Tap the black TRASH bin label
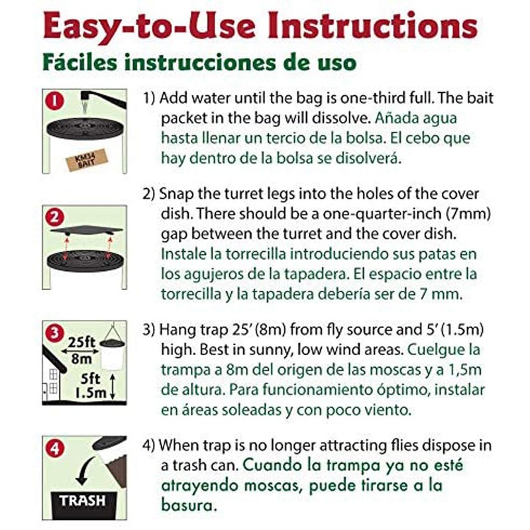click(x=83, y=500)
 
